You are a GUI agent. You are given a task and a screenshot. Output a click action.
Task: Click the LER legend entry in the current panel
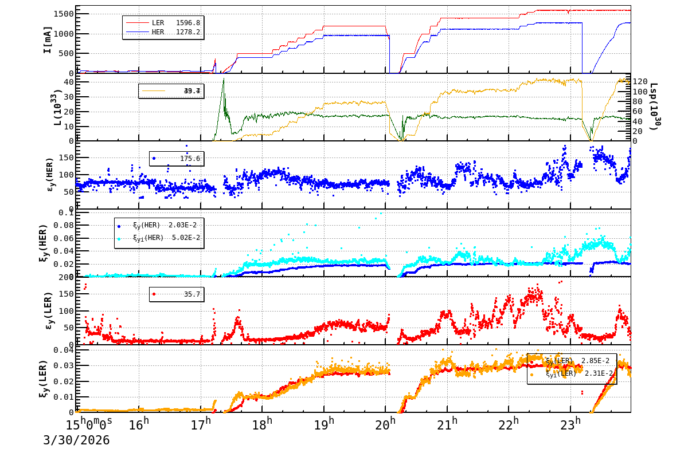(158, 23)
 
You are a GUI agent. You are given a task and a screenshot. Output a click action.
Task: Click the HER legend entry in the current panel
(158, 32)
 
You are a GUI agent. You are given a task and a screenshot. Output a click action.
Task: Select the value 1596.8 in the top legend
(187, 23)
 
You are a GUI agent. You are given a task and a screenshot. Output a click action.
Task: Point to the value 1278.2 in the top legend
(187, 32)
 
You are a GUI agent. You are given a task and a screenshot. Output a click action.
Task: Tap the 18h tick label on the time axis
(262, 424)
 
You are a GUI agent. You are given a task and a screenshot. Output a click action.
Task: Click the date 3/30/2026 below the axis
(76, 440)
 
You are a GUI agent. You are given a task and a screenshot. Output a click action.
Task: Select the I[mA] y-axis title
(48, 40)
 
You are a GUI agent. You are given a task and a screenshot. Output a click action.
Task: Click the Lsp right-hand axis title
(654, 106)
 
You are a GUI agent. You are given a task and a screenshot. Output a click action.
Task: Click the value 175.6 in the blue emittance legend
(190, 159)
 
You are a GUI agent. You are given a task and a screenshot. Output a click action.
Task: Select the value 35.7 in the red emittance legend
(191, 294)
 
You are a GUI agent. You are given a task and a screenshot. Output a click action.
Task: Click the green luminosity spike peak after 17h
(223, 78)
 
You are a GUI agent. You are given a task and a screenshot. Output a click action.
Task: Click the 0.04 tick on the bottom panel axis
(62, 350)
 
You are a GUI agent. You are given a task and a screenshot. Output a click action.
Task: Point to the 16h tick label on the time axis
(139, 424)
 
